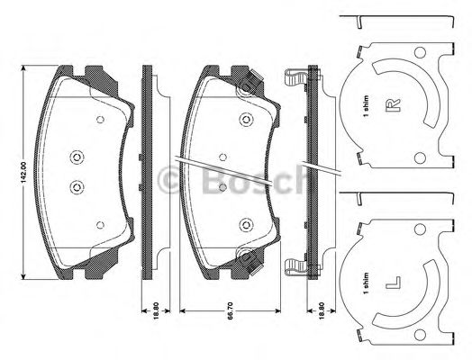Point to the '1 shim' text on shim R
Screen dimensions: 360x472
(366, 107)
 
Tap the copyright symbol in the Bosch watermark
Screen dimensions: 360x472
(168, 181)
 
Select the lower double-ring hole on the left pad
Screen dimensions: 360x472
(75, 188)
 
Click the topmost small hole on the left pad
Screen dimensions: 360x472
(100, 119)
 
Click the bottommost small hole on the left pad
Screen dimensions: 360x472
(100, 225)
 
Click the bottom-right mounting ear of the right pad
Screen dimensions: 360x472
(243, 260)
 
